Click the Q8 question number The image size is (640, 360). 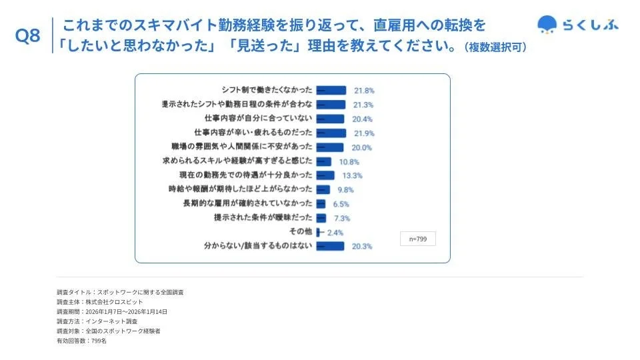tap(27, 37)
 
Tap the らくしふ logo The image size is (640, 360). tap(577, 25)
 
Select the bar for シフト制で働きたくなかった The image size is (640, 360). tap(331, 90)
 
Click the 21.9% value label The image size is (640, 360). tap(363, 133)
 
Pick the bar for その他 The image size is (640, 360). tap(318, 232)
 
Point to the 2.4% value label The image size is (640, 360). tap(335, 232)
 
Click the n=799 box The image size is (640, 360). tap(418, 238)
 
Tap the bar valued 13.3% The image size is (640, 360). tap(325, 175)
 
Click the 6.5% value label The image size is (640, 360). tap(341, 204)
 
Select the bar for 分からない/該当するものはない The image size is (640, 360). tap(330, 246)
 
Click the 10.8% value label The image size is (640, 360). tap(349, 161)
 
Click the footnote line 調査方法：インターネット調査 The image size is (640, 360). tap(97, 321)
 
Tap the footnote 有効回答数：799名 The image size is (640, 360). tap(81, 341)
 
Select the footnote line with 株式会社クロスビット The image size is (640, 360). tap(100, 302)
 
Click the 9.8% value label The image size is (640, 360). tap(345, 189)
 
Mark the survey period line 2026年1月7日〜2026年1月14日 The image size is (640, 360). tap(112, 311)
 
